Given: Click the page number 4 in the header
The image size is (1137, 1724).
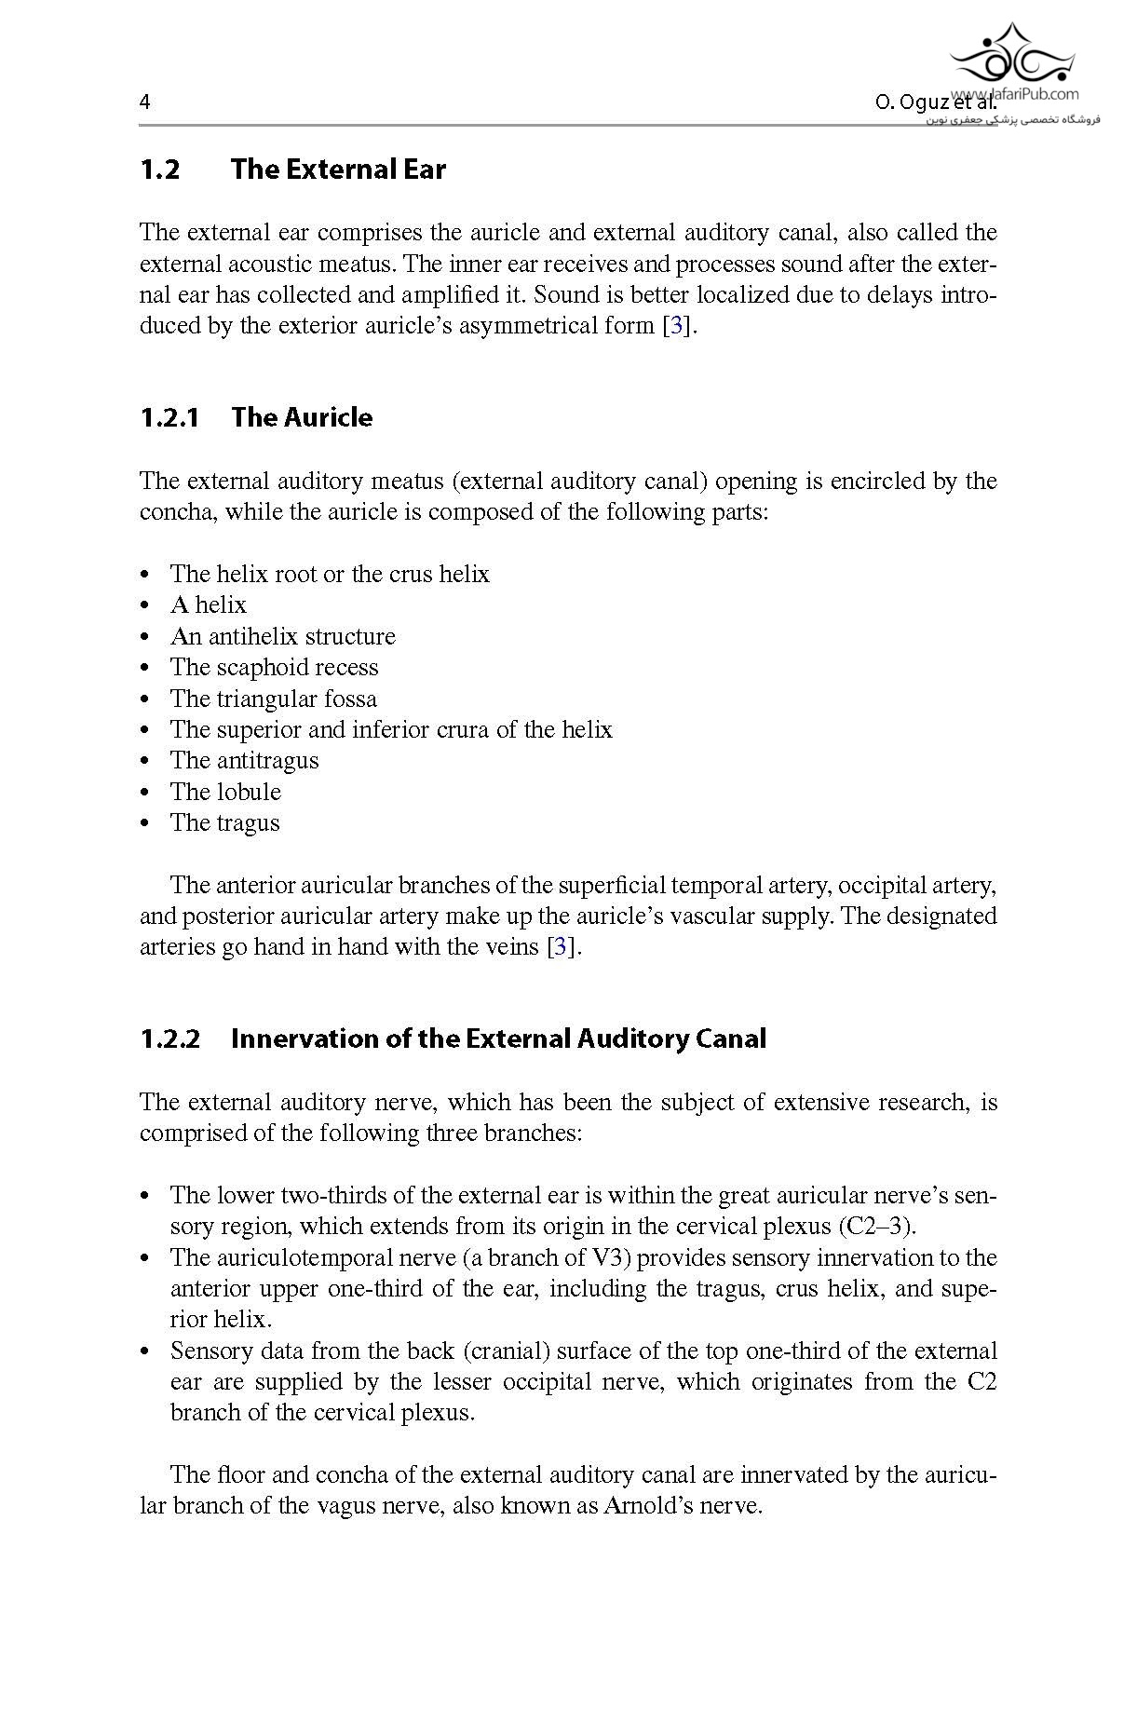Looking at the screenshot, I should tap(144, 102).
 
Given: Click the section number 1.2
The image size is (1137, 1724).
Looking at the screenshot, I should tap(159, 170).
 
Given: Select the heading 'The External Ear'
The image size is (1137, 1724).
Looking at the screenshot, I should tap(338, 170).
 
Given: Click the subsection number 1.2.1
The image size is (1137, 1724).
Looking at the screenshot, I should tap(169, 417).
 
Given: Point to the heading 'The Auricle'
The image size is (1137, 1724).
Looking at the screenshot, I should tap(302, 417).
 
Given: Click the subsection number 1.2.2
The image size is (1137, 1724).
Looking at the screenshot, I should tap(169, 1038).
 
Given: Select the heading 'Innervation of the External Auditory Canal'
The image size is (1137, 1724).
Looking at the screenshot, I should tap(498, 1038).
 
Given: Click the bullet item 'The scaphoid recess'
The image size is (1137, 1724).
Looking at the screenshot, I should tap(274, 667).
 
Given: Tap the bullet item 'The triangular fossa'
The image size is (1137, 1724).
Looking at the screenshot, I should tap(273, 699).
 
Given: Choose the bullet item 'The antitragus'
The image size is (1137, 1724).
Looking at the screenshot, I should tap(244, 760).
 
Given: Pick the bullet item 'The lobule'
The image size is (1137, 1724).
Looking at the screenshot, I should tap(225, 792).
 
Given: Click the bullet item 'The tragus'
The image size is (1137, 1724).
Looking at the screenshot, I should tap(224, 822).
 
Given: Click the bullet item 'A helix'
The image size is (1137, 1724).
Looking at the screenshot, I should tap(209, 604).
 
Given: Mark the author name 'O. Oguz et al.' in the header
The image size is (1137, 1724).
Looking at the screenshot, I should tap(934, 102).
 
